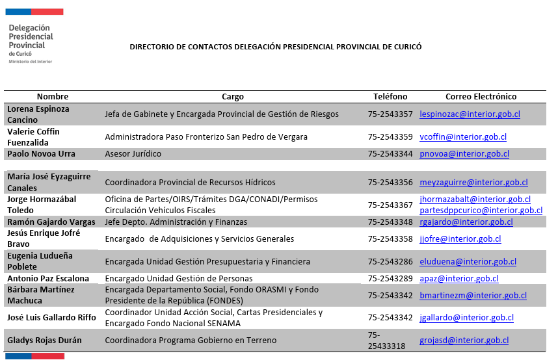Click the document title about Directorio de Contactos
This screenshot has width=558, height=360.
(x=276, y=47)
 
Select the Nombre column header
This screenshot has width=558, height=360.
(x=53, y=97)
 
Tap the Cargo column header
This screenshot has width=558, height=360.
(x=233, y=97)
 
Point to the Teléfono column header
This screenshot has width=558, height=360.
(x=390, y=97)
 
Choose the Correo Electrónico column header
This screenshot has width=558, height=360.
(x=481, y=97)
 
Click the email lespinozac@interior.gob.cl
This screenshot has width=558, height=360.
(x=470, y=114)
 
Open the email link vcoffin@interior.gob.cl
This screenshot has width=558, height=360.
(x=463, y=137)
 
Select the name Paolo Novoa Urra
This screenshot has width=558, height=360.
(x=41, y=154)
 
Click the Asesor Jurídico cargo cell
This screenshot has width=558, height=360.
(x=133, y=154)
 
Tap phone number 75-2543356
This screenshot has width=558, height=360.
(x=390, y=183)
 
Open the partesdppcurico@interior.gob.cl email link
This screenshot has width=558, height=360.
(x=481, y=211)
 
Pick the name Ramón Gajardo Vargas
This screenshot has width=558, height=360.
(x=51, y=222)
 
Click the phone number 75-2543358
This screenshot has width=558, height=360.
(x=390, y=239)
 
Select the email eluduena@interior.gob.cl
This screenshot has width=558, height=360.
(x=468, y=262)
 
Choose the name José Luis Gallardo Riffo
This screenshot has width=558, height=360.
(x=52, y=318)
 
